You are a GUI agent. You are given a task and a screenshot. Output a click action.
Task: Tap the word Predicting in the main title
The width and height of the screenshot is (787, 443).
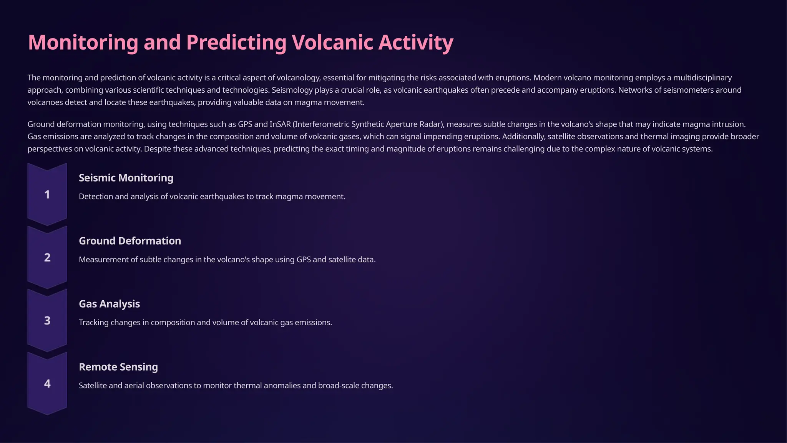click(236, 42)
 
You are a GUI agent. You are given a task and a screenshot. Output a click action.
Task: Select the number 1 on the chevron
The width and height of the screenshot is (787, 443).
click(47, 195)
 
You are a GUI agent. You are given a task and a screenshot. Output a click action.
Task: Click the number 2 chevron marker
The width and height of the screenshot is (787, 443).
click(47, 258)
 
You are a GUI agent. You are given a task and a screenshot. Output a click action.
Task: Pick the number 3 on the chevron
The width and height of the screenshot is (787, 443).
click(47, 321)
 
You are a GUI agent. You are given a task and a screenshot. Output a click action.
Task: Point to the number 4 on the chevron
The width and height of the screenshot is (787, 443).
click(47, 384)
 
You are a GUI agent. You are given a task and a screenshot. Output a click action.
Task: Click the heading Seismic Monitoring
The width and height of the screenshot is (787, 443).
click(126, 178)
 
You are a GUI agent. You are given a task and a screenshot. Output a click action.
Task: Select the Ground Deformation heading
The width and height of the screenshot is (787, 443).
click(130, 241)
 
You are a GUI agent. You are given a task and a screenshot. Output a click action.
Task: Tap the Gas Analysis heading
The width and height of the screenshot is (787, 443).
click(109, 304)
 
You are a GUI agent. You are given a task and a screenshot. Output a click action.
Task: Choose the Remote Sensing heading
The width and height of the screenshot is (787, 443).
click(118, 367)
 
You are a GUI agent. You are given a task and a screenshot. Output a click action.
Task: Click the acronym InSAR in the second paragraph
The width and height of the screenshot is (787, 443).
click(280, 124)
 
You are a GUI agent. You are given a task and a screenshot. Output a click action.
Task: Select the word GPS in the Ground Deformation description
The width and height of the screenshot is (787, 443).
click(304, 260)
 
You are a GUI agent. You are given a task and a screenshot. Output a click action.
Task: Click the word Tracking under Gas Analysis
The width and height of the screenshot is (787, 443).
click(93, 323)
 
